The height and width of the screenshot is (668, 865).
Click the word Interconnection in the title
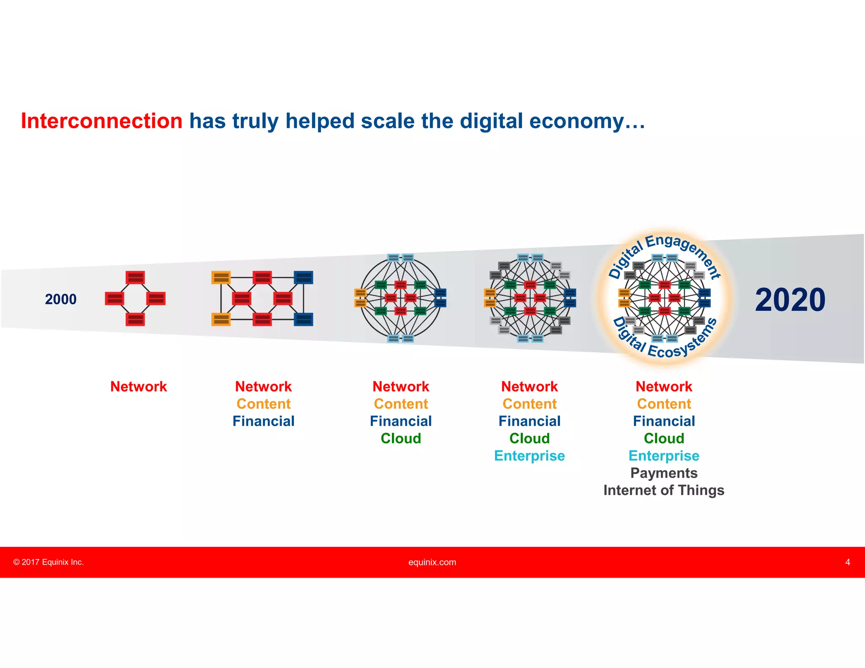click(101, 121)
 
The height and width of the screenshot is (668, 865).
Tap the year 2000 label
click(61, 299)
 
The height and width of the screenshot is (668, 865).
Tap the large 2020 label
click(790, 300)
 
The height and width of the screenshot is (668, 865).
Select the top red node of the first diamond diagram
click(135, 277)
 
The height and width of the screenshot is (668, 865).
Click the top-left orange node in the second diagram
click(221, 277)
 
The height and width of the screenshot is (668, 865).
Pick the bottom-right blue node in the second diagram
click(303, 319)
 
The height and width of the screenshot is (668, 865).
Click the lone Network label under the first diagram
click(139, 386)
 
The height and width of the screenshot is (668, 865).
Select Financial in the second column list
click(263, 421)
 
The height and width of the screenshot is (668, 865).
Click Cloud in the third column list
click(401, 438)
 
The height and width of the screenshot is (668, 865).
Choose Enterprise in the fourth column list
click(529, 456)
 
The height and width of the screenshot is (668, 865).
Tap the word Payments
click(664, 473)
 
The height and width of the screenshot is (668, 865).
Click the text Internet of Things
click(664, 490)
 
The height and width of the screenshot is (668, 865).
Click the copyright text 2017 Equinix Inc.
click(49, 562)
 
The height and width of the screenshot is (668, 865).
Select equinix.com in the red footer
click(432, 562)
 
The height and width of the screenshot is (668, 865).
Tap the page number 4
click(847, 562)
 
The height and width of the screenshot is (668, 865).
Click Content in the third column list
click(401, 404)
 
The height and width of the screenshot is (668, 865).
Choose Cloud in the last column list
click(664, 438)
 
